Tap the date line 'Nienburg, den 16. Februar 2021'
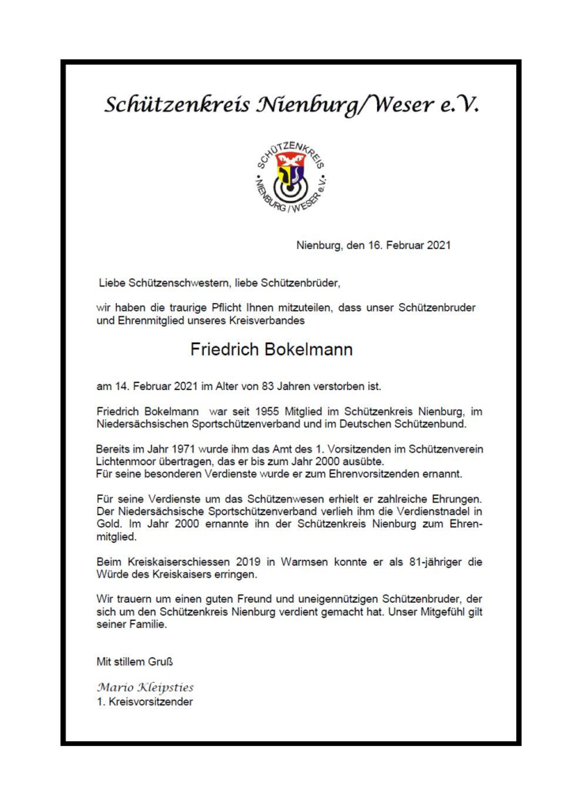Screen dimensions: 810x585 tap(373, 245)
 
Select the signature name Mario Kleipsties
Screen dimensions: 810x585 tap(145, 686)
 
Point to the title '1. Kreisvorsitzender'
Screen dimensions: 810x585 tap(144, 702)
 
